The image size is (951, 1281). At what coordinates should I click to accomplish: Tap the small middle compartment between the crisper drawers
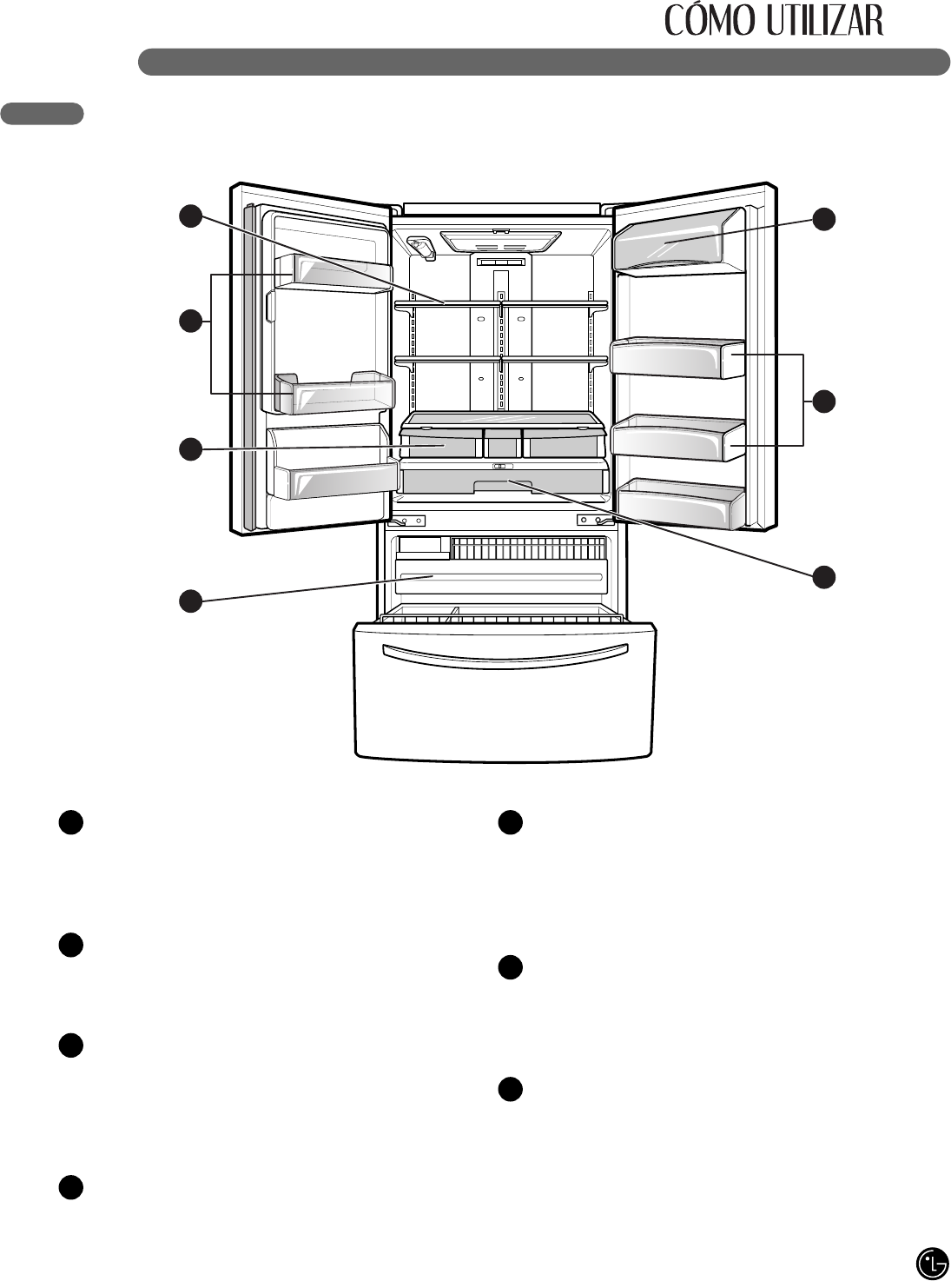pyautogui.click(x=501, y=443)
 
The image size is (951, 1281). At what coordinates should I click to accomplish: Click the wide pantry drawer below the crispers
pyautogui.click(x=501, y=479)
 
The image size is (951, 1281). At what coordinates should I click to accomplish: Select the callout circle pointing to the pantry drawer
pyautogui.click(x=825, y=575)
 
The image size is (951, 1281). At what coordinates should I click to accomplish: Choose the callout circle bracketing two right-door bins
pyautogui.click(x=825, y=401)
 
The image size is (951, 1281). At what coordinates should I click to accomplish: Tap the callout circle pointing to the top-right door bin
pyautogui.click(x=825, y=219)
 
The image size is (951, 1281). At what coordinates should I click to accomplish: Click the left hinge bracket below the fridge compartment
pyautogui.click(x=407, y=521)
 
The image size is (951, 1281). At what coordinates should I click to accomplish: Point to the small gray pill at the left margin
pyautogui.click(x=43, y=113)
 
